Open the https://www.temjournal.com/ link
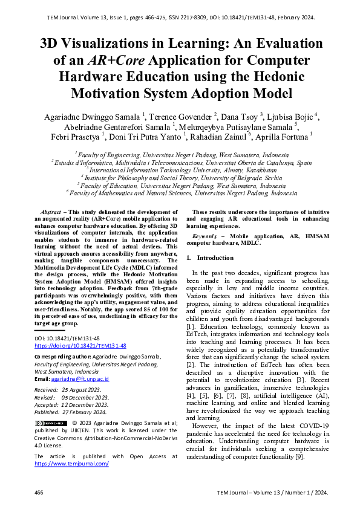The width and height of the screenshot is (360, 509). point(71,463)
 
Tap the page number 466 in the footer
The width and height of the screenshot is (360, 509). point(39,493)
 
